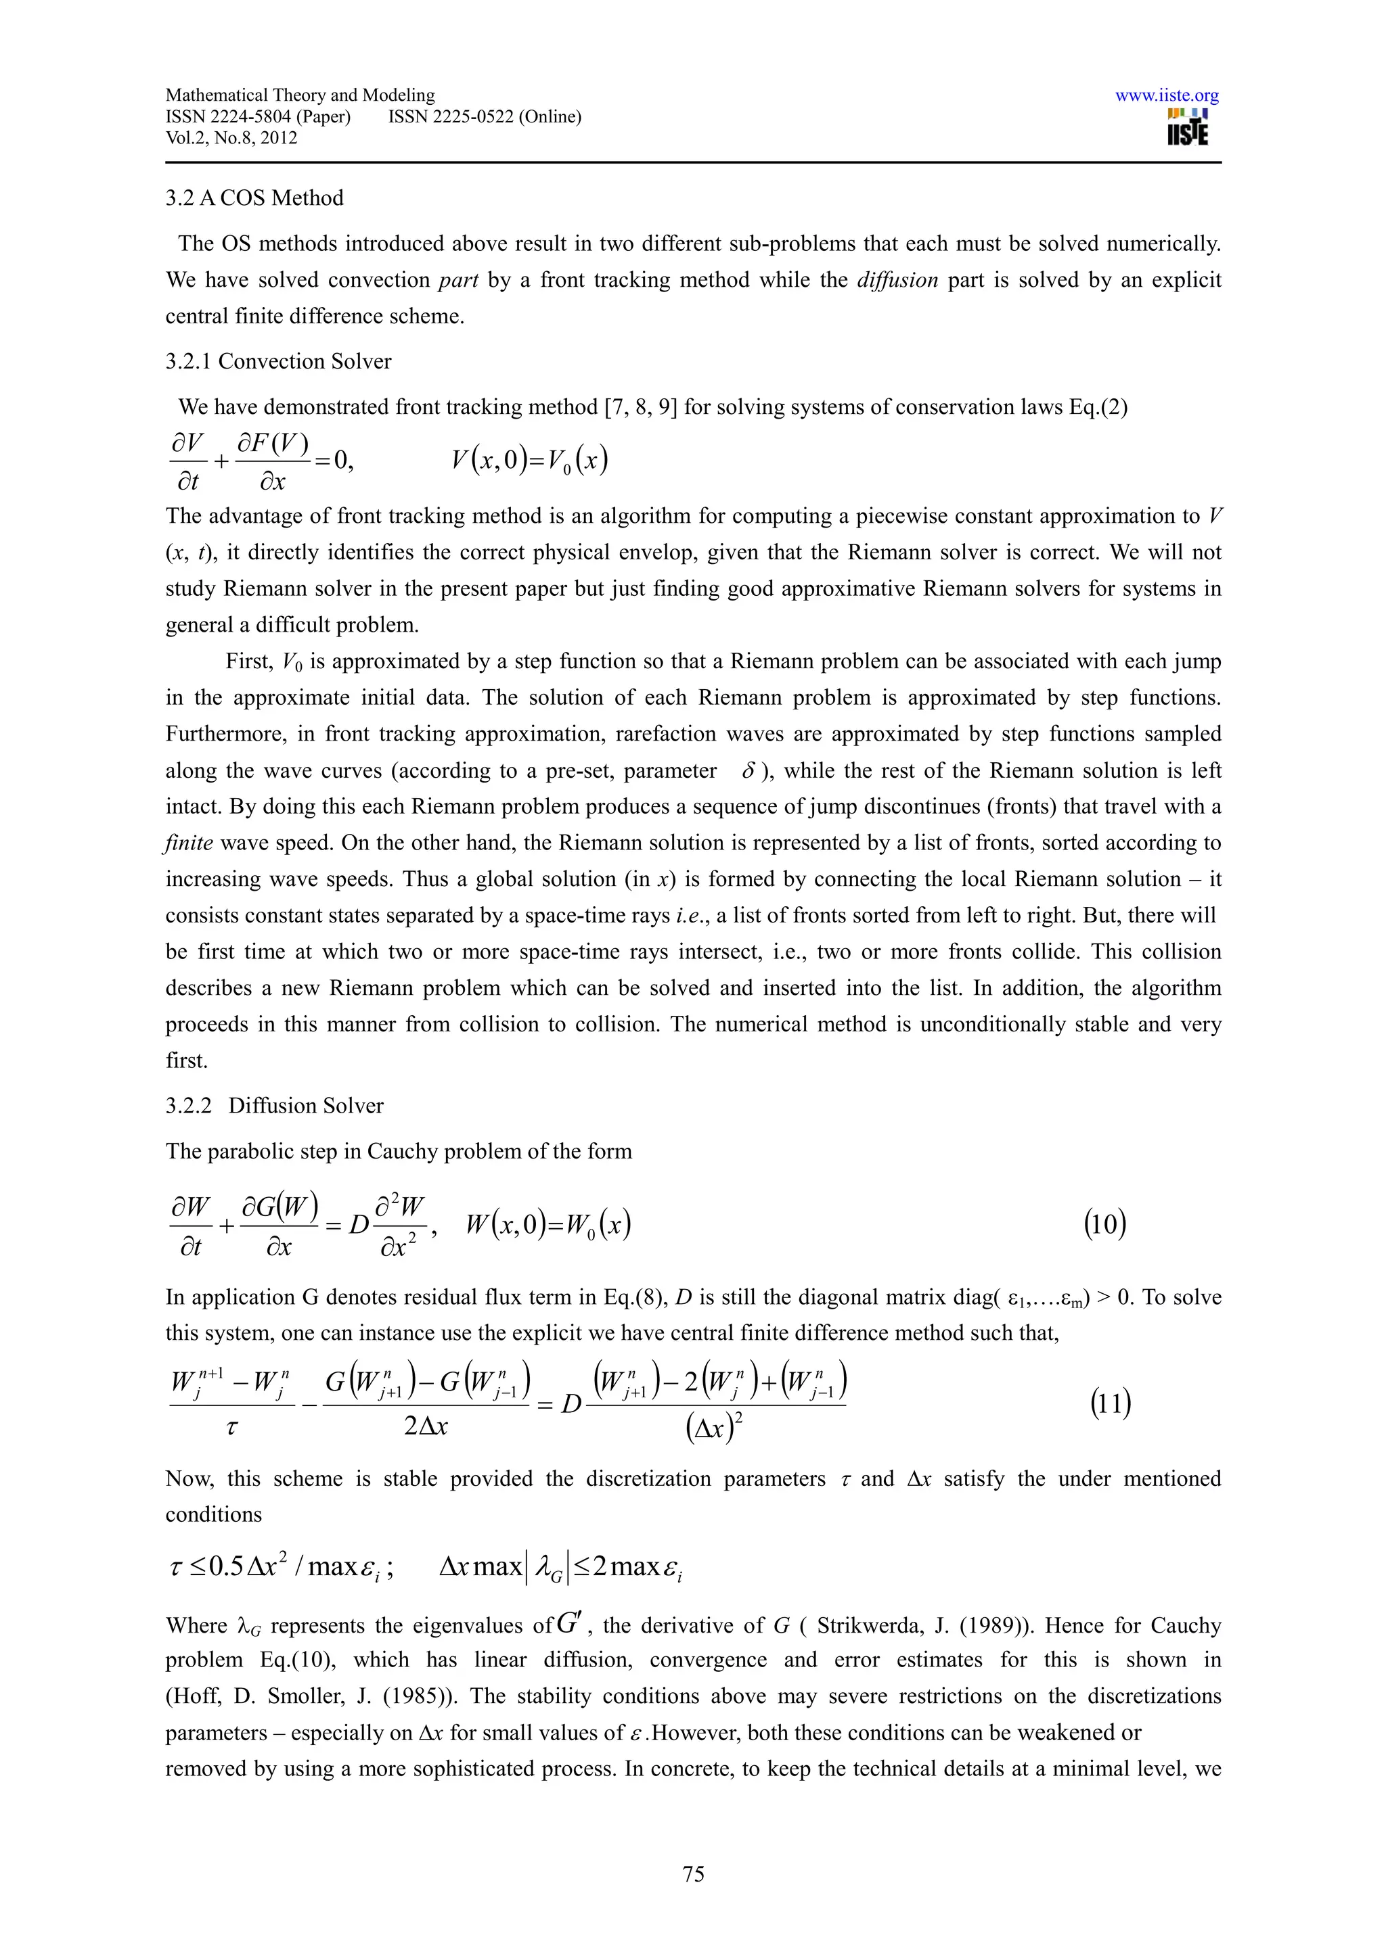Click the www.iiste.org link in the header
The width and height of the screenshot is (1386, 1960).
click(1167, 95)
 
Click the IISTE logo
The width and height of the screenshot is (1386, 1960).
click(1187, 128)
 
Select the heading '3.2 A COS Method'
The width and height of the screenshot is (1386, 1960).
click(254, 198)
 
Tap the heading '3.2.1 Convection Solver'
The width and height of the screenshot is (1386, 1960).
click(278, 361)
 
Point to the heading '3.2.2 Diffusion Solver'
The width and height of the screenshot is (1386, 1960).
click(274, 1106)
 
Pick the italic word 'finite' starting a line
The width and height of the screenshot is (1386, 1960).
click(189, 843)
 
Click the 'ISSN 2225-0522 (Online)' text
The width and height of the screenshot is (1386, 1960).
click(484, 117)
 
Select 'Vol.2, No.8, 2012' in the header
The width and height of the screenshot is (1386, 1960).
click(231, 138)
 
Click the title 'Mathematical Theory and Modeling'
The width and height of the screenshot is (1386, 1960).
click(300, 95)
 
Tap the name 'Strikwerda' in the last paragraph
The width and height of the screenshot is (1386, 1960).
click(868, 1626)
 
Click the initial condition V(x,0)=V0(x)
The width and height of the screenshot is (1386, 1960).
click(529, 461)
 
